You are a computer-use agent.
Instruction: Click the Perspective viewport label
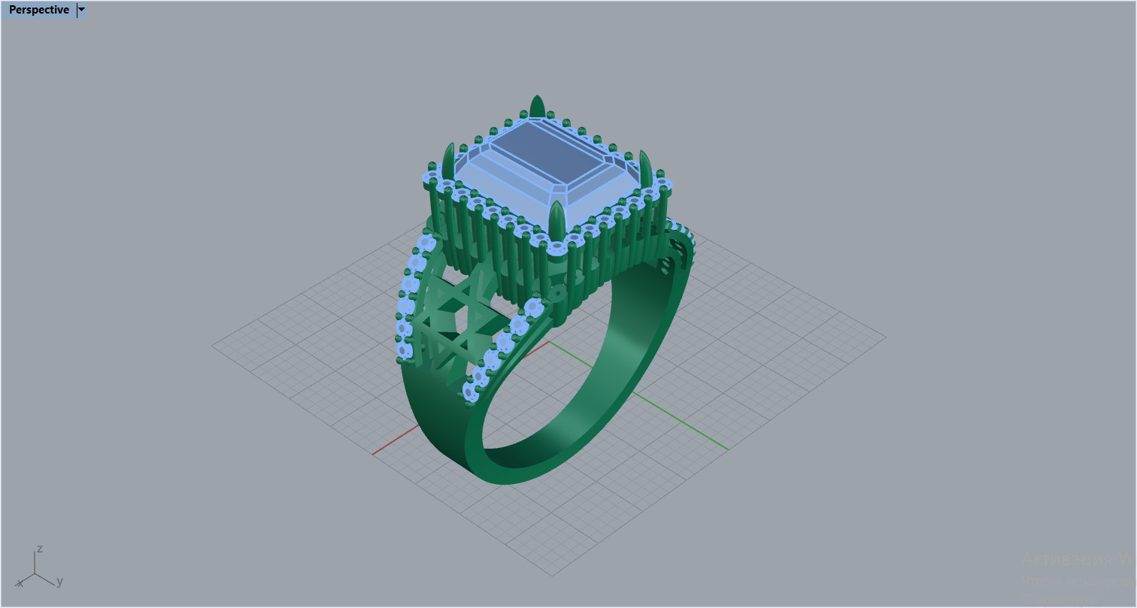coord(38,10)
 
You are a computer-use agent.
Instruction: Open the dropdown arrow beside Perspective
coord(81,10)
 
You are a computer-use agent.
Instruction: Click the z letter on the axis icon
coord(40,549)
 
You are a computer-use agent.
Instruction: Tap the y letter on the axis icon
coord(59,581)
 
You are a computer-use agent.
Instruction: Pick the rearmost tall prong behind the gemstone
coord(537,107)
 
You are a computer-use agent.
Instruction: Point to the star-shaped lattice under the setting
coord(444,323)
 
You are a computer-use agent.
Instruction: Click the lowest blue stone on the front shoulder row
coord(470,391)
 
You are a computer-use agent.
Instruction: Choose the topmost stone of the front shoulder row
coord(533,307)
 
